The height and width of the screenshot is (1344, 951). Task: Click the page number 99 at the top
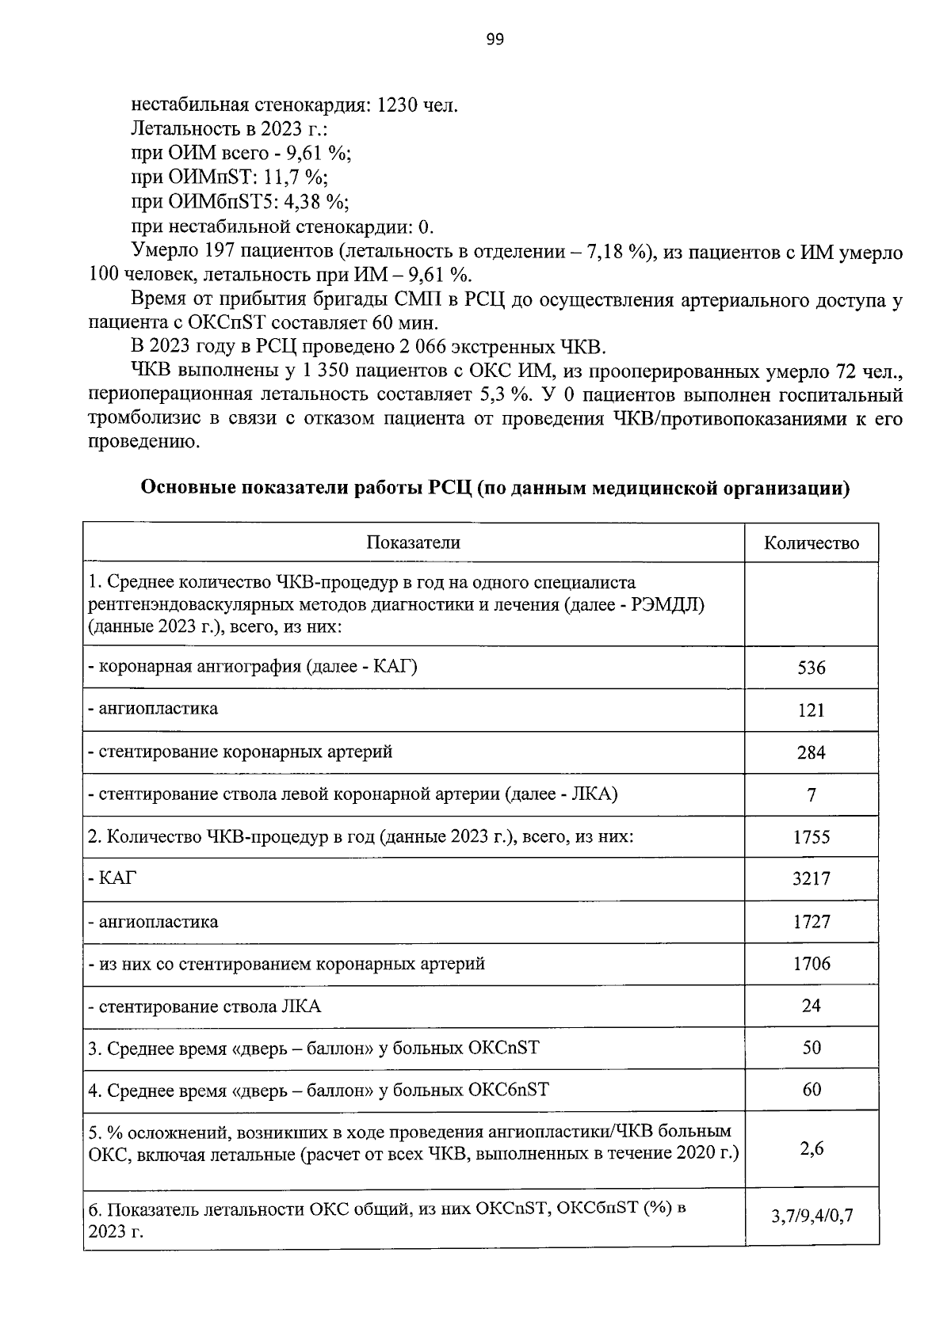pos(495,40)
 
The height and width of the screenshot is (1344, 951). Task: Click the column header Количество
pos(811,543)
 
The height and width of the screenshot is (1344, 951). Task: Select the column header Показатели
pos(413,543)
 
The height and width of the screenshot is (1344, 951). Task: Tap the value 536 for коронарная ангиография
pos(811,668)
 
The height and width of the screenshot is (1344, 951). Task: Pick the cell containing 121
pos(811,710)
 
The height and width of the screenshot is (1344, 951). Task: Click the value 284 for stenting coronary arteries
pos(811,752)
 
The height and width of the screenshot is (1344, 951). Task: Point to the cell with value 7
pos(811,795)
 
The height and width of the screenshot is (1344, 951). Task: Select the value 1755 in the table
pos(811,837)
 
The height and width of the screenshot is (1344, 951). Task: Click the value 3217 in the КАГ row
pos(811,879)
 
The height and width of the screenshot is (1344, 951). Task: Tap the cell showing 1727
pos(811,922)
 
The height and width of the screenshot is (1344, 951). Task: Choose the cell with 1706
pos(811,964)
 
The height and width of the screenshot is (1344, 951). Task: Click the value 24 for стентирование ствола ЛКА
pos(811,1006)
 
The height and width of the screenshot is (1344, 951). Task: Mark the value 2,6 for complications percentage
pos(811,1148)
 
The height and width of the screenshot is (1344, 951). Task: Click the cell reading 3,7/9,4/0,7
pos(811,1216)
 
